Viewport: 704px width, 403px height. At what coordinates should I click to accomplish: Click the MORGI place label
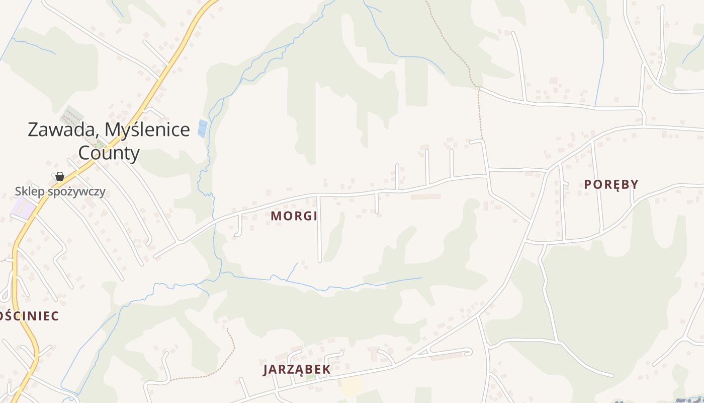[294, 216]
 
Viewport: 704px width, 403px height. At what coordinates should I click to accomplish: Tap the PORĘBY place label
[611, 184]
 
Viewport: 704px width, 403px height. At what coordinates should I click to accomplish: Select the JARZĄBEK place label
[297, 369]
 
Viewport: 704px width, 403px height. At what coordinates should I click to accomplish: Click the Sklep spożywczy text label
[60, 191]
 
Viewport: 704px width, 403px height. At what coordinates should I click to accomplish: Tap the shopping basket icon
[60, 176]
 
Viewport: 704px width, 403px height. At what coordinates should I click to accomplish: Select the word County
[109, 153]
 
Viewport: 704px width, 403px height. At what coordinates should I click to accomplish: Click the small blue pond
[203, 128]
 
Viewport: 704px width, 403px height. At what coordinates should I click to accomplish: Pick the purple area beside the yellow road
[23, 208]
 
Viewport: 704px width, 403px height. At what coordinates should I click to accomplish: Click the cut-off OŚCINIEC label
[29, 316]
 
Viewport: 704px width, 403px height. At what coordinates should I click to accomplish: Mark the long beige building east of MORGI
[425, 196]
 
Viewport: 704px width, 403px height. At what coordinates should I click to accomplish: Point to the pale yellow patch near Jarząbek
[350, 387]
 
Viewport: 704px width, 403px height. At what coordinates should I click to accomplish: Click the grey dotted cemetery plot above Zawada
[72, 115]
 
